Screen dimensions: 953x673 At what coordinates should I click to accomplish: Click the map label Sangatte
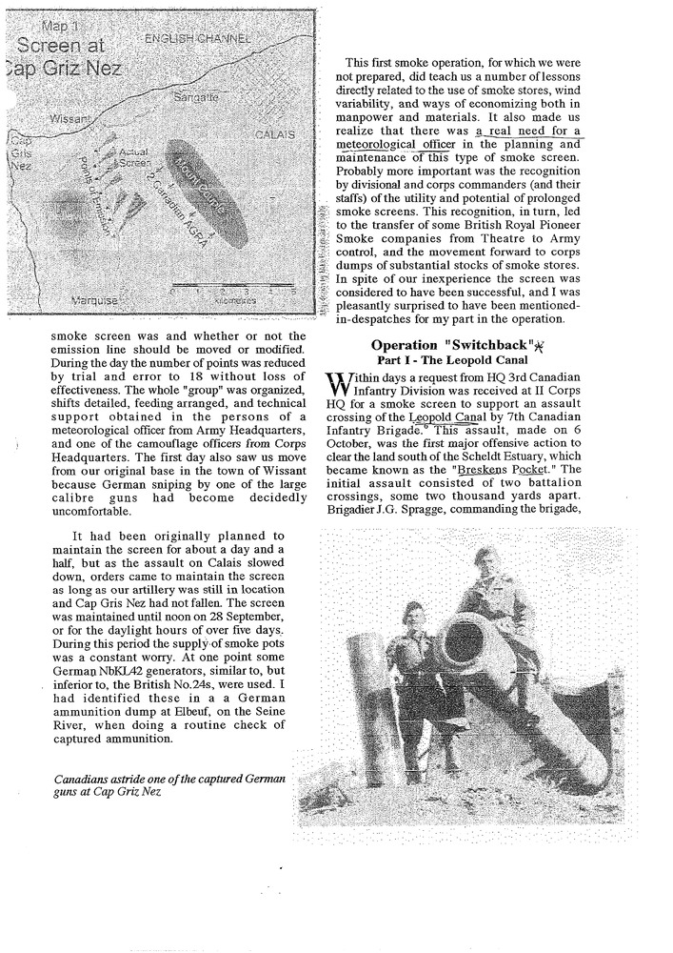pos(197,97)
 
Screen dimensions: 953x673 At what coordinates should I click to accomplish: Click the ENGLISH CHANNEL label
pos(196,39)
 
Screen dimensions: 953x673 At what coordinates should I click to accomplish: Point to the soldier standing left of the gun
pos(417,658)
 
